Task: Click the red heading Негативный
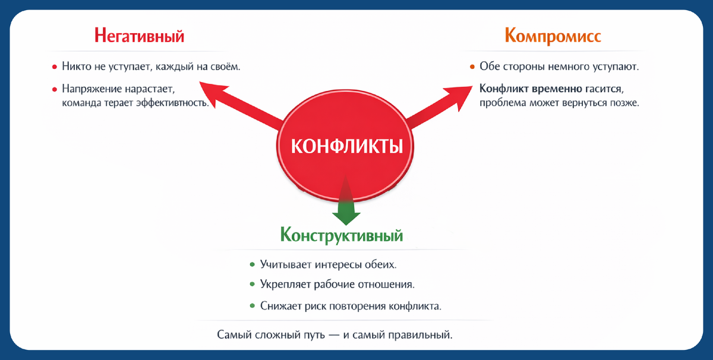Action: pos(139,36)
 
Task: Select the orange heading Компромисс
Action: pos(553,36)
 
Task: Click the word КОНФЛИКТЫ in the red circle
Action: pos(346,145)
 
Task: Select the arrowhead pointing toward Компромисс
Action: pos(455,93)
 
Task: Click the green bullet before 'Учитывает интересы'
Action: pos(252,263)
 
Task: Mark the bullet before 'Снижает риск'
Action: pos(252,307)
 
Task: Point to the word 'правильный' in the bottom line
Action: pos(425,335)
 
